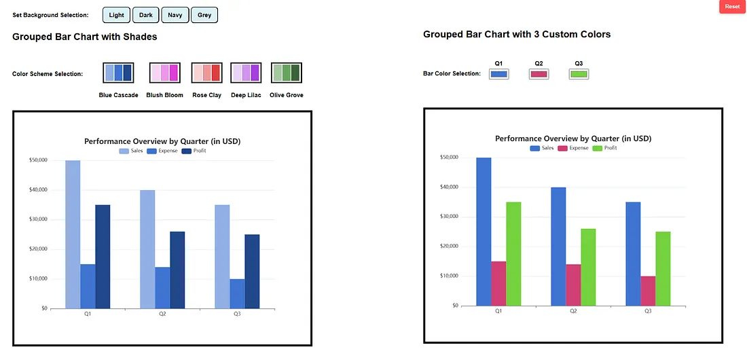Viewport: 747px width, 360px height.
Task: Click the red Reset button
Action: (x=732, y=7)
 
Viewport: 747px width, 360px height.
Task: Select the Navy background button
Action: (x=175, y=15)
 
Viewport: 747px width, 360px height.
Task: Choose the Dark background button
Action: (x=145, y=15)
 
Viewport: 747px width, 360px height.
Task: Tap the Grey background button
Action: (x=204, y=15)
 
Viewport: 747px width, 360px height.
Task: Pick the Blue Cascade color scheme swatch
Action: (x=118, y=73)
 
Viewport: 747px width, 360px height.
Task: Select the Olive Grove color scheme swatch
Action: (x=286, y=73)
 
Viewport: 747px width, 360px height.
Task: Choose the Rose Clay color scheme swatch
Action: (x=206, y=73)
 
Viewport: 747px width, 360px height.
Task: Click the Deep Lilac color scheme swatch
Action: (x=246, y=73)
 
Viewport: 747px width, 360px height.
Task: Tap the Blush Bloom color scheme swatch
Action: (x=164, y=73)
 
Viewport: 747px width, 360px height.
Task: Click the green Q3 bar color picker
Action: (x=579, y=74)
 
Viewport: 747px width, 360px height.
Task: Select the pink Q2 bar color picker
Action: (x=539, y=74)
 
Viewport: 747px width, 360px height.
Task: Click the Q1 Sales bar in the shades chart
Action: (x=73, y=234)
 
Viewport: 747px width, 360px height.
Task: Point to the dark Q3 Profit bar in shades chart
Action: (x=252, y=271)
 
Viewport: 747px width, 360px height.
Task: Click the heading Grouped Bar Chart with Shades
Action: (x=85, y=37)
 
